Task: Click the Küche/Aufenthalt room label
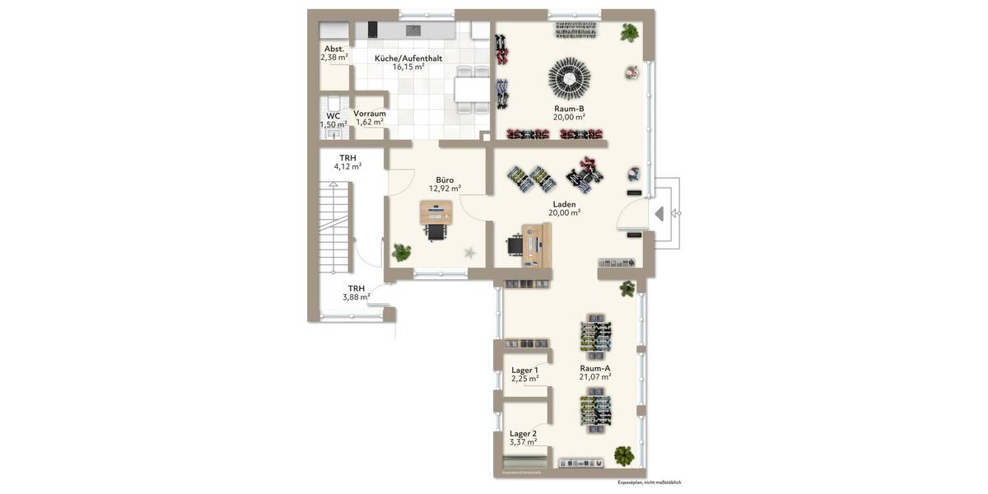(408, 58)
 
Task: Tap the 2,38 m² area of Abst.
(333, 58)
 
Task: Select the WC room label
(333, 115)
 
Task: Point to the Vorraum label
(370, 114)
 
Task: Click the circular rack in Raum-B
(569, 77)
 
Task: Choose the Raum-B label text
(569, 108)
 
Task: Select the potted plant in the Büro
(402, 251)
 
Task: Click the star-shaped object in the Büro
(470, 253)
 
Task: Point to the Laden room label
(564, 203)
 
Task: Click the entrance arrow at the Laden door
(659, 214)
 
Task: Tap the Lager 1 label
(524, 370)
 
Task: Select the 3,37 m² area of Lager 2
(523, 442)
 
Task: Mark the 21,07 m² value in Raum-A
(594, 377)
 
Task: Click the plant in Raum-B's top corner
(630, 33)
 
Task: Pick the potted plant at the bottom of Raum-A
(625, 454)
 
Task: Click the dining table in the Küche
(471, 88)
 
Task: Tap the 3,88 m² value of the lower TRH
(356, 297)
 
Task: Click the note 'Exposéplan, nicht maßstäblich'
(649, 482)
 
